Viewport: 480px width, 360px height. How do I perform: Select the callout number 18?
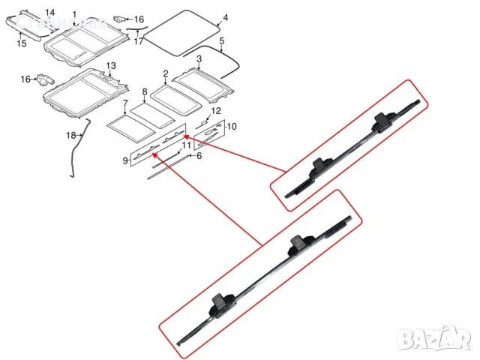coord(71,136)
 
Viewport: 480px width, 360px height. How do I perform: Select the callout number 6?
coord(199,155)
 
